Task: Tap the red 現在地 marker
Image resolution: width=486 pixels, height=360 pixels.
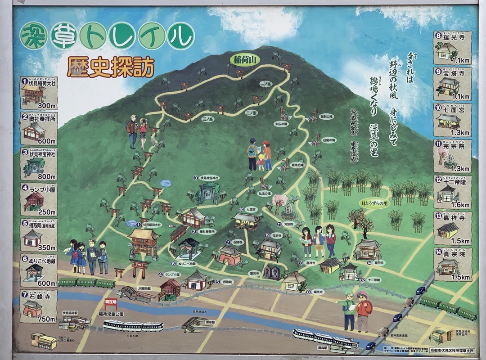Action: (x=111, y=302)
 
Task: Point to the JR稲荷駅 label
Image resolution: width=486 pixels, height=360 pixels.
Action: (x=145, y=288)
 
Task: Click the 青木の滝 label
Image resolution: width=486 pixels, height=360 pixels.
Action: (x=297, y=165)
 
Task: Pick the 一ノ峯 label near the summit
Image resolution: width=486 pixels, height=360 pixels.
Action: (x=265, y=84)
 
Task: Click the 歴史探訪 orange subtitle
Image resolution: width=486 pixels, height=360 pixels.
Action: (x=110, y=67)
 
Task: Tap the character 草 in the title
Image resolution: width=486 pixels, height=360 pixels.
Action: (x=63, y=35)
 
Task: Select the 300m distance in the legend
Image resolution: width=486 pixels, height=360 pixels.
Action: (x=46, y=106)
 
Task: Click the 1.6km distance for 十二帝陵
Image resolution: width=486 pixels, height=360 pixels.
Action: (x=460, y=205)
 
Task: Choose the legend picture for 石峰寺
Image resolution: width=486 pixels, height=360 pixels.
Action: (x=33, y=309)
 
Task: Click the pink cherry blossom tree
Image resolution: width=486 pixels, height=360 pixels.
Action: (x=280, y=202)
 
